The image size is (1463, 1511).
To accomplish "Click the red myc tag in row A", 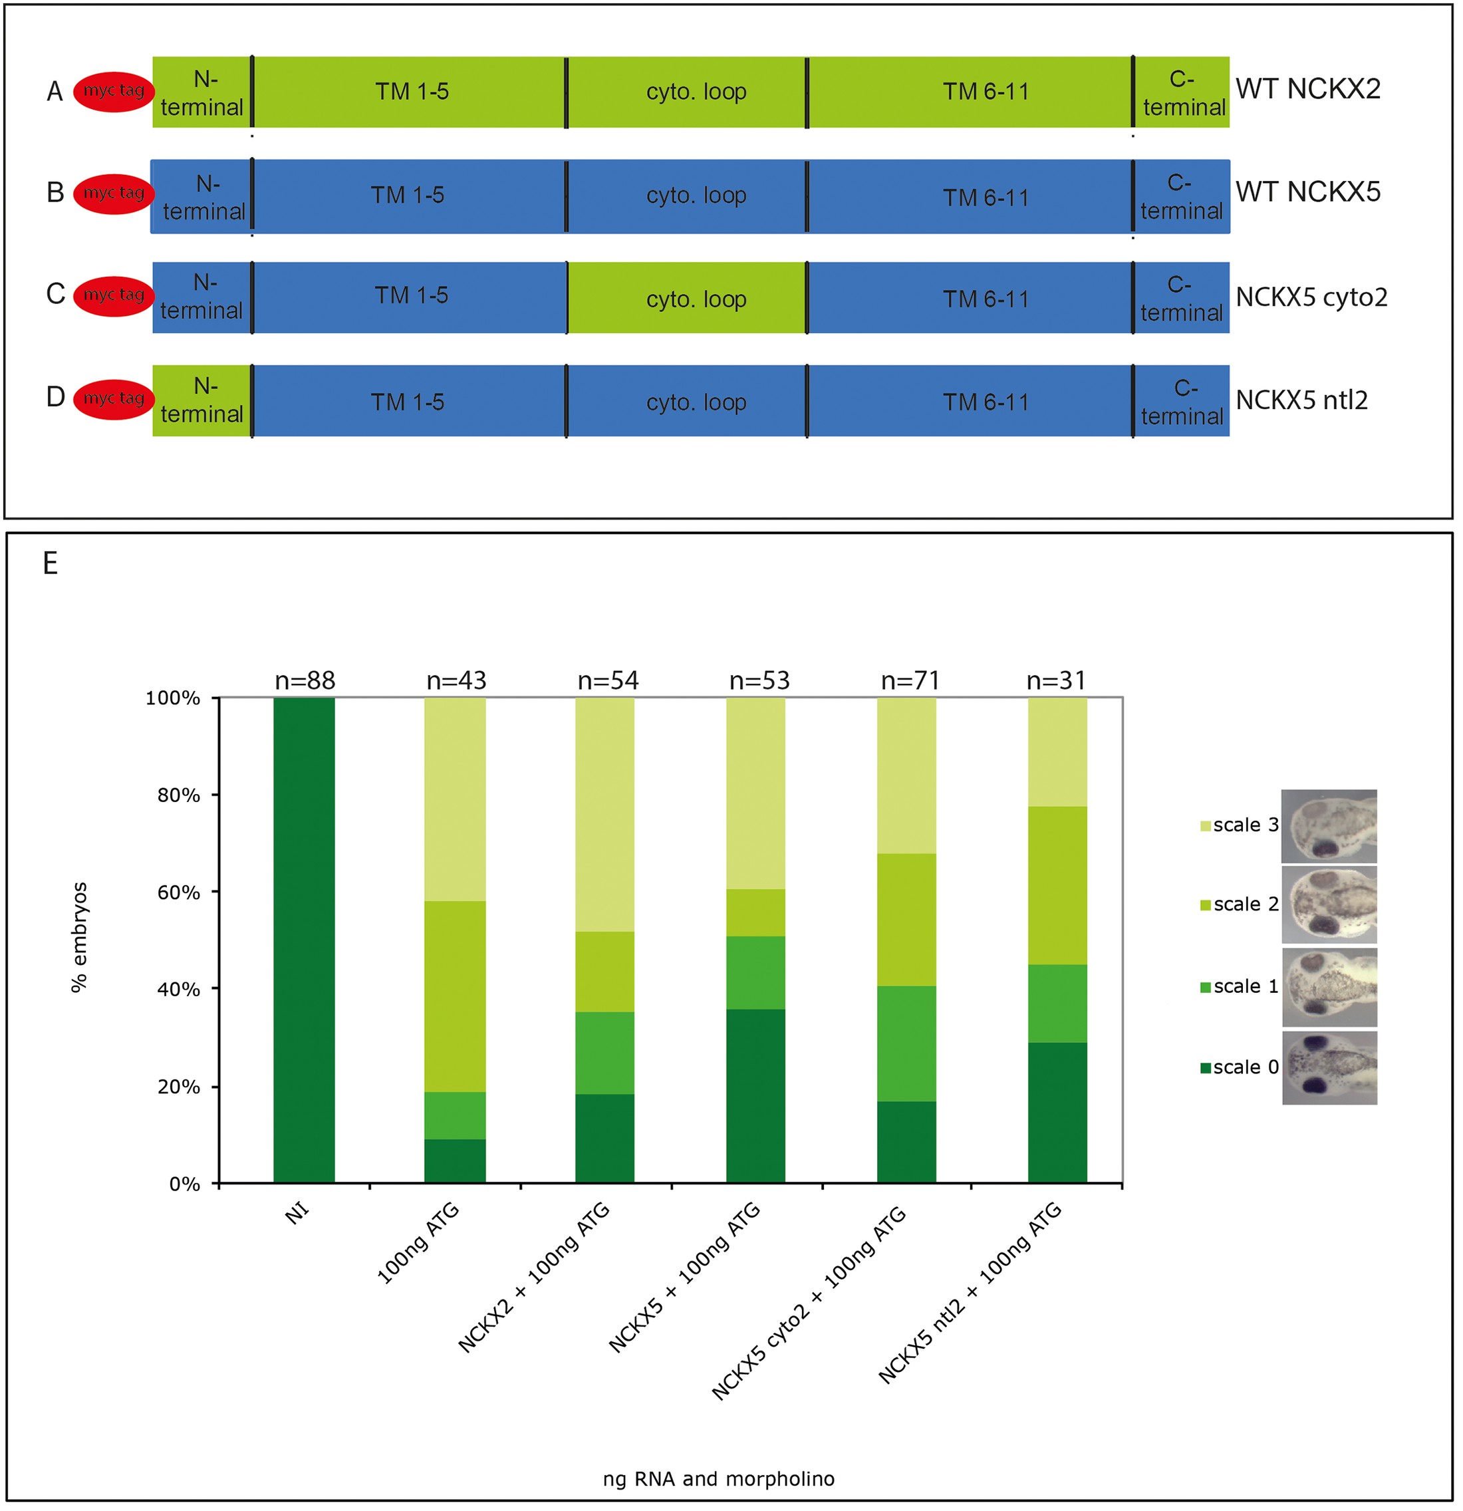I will click(x=113, y=92).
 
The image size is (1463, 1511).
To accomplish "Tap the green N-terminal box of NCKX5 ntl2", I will click(x=202, y=401).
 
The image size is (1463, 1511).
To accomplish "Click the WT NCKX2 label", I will click(x=1308, y=89).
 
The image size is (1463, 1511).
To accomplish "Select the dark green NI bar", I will click(x=305, y=940).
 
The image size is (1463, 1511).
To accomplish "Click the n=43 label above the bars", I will click(x=456, y=681).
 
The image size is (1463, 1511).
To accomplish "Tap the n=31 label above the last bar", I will click(x=1056, y=681).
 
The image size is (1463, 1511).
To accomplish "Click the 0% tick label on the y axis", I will click(x=185, y=1184).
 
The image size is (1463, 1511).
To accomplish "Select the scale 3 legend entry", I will click(x=1239, y=825).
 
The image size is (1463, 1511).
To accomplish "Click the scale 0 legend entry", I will click(x=1239, y=1067).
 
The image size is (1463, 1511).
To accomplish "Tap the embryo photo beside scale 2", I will click(x=1329, y=905).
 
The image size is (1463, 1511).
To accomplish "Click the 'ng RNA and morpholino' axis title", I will click(x=718, y=1478).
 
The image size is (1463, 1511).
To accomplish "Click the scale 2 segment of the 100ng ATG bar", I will click(x=456, y=996).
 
